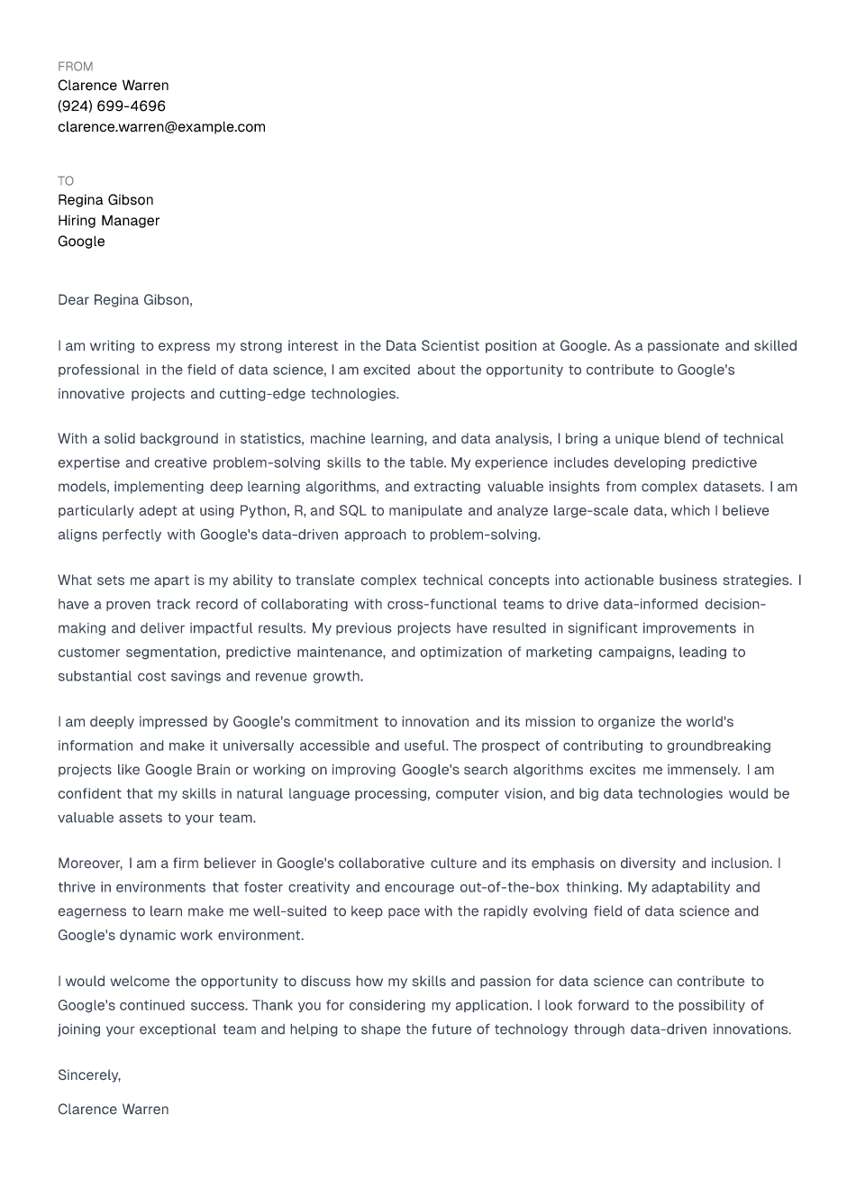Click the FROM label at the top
tap(75, 67)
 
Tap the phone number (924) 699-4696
tap(112, 106)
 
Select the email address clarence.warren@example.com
tap(161, 127)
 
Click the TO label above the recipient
tap(66, 181)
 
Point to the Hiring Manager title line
tap(108, 221)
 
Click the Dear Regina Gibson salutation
tap(124, 300)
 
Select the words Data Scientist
tap(433, 346)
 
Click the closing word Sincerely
tap(88, 1075)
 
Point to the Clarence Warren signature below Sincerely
tap(113, 1110)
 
